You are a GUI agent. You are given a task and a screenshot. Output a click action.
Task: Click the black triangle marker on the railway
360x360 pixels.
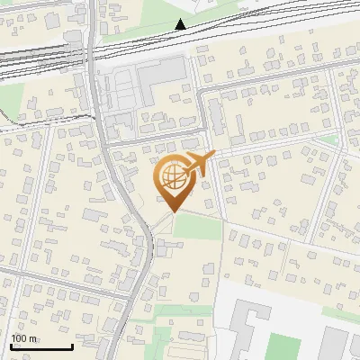click(x=181, y=24)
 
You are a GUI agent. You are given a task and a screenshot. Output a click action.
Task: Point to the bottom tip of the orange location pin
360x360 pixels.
click(x=171, y=211)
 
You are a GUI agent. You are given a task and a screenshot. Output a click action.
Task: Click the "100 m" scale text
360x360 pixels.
click(x=23, y=337)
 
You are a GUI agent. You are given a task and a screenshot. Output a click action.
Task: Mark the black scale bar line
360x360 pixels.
click(x=41, y=346)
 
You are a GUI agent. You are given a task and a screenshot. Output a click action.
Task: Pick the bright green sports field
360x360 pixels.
click(x=285, y=347)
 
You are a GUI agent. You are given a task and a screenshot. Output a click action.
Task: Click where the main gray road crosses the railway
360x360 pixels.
click(x=94, y=49)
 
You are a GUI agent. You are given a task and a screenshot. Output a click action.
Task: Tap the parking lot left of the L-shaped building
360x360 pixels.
click(x=120, y=90)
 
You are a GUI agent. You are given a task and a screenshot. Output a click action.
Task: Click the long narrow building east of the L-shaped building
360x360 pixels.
click(x=216, y=117)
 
